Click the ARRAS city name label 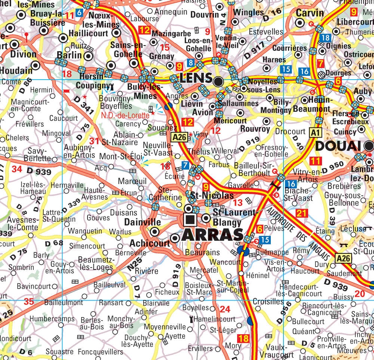(212, 234)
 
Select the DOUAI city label (340, 146)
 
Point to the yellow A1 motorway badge (315, 132)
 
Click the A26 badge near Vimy (179, 137)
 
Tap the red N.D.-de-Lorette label (125, 116)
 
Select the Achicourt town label (149, 243)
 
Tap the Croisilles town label (268, 301)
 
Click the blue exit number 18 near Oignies (325, 37)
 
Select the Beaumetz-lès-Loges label (95, 264)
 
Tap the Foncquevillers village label (101, 352)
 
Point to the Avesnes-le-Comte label (24, 224)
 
